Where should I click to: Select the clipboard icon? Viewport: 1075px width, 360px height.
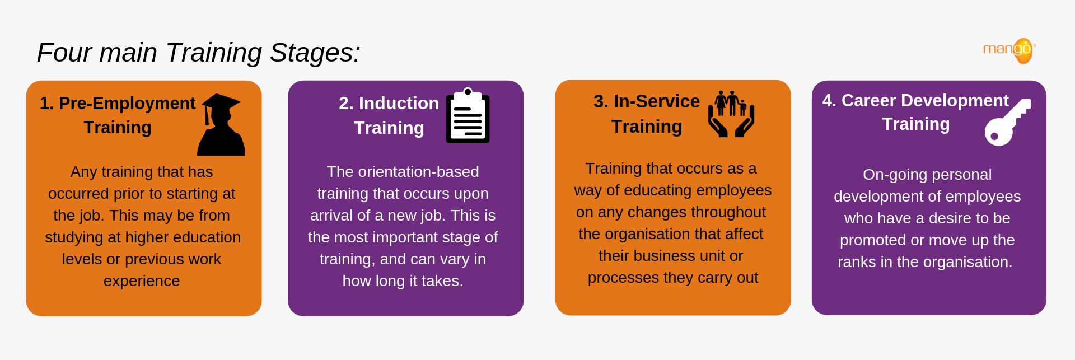[468, 116]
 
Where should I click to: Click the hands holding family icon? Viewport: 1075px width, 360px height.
[731, 114]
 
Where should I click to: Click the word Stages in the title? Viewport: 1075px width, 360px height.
[315, 53]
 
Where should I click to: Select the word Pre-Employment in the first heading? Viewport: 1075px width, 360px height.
[127, 104]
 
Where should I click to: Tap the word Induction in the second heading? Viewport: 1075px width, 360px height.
[399, 104]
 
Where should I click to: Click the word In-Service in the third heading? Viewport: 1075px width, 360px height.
[656, 101]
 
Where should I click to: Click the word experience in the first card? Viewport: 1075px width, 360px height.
[142, 281]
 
